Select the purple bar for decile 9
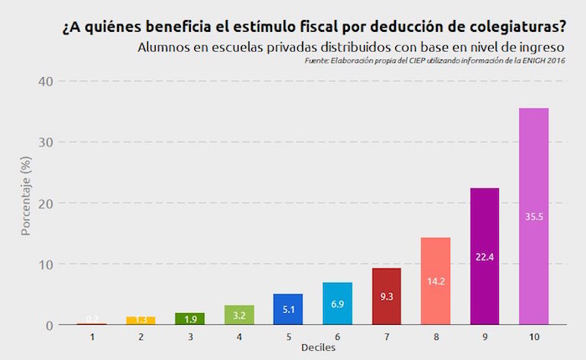(x=485, y=256)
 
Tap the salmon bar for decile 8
(x=435, y=281)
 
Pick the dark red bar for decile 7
(x=387, y=296)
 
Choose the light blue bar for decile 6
(x=337, y=303)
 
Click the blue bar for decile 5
(x=288, y=309)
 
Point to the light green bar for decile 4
(x=239, y=315)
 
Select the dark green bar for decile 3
(x=190, y=319)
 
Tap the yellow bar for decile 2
(x=141, y=321)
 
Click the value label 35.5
(x=534, y=216)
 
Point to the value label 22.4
(x=485, y=256)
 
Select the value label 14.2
(x=435, y=281)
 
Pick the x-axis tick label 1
(x=92, y=336)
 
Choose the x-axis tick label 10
(x=534, y=336)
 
